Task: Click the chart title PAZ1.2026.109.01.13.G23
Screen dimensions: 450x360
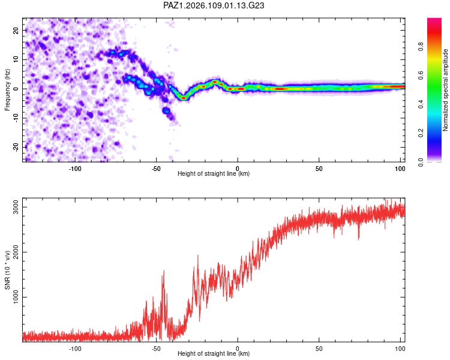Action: [214, 5]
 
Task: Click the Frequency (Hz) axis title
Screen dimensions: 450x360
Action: [7, 90]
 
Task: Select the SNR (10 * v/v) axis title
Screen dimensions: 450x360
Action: [7, 269]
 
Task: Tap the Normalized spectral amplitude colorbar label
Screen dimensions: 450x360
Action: [445, 90]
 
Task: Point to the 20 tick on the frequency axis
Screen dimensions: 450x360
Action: [16, 30]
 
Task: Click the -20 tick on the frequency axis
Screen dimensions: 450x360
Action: [16, 147]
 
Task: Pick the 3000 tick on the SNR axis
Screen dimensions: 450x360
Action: [16, 207]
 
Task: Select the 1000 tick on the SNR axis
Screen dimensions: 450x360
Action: [16, 297]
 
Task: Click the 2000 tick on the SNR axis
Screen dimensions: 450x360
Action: [16, 252]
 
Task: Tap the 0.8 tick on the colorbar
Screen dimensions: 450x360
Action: [421, 47]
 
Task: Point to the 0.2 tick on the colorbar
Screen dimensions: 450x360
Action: [421, 133]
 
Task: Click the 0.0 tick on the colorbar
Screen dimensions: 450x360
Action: [421, 162]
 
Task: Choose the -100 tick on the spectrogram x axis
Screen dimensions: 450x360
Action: [75, 169]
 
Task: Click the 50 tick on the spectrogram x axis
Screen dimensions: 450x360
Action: [319, 169]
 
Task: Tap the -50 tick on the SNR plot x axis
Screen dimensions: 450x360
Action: [156, 349]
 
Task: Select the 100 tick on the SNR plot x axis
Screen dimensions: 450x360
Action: [400, 349]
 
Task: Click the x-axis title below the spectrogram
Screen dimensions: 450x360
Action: [214, 173]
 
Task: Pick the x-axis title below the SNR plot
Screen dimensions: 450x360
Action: [214, 353]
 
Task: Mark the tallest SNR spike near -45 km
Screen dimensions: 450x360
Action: [164, 271]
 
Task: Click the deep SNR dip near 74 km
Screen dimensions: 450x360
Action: [358, 239]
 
